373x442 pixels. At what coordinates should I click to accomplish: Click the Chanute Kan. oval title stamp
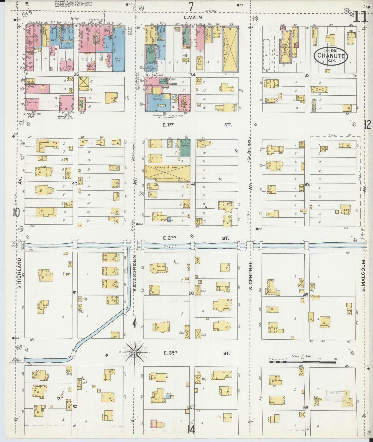click(331, 56)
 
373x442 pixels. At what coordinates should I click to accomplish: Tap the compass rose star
click(135, 351)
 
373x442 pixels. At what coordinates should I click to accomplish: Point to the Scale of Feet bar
click(302, 362)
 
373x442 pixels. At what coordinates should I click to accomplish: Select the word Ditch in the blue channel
click(171, 246)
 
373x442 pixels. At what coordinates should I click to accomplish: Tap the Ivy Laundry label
click(155, 75)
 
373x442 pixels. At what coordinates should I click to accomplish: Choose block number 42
click(307, 184)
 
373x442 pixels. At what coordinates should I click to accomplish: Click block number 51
click(75, 293)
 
